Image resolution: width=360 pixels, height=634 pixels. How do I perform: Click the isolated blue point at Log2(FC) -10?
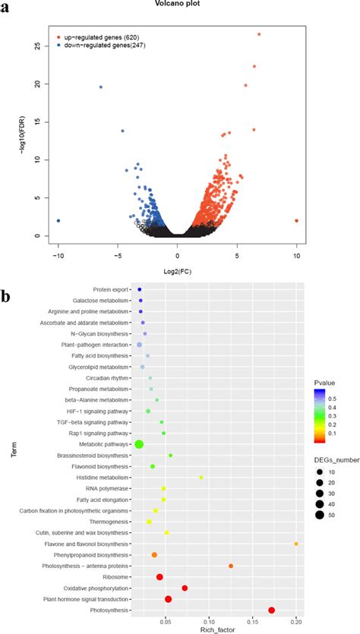[58, 221]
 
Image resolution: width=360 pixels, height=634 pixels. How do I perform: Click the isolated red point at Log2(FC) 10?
[296, 221]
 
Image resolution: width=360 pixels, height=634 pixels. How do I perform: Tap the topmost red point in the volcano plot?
[259, 34]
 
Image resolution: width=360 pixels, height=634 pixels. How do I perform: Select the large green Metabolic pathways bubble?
[139, 444]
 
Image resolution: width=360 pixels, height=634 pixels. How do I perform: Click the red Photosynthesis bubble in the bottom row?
[272, 610]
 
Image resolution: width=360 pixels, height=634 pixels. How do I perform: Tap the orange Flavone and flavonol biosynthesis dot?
[296, 544]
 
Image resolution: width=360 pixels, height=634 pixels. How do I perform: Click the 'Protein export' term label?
[111, 289]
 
